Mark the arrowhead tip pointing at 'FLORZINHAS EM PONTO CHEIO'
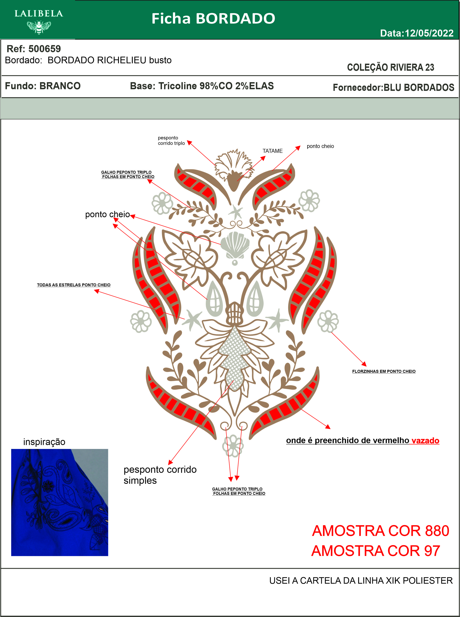click(x=366, y=366)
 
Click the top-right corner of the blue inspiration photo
click(x=108, y=449)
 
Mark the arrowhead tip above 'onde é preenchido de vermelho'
click(x=330, y=429)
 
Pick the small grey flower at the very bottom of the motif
click(x=233, y=446)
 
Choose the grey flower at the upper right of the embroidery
click(x=309, y=200)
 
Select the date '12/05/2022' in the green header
click(x=429, y=33)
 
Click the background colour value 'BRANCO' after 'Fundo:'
click(x=60, y=86)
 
